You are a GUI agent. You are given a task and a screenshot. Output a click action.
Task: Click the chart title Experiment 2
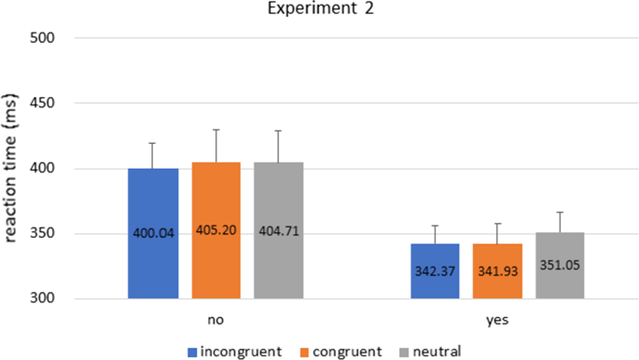320,11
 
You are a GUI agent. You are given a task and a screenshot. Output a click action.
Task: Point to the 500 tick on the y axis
44,38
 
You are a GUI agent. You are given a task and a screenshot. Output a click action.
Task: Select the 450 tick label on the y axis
44,104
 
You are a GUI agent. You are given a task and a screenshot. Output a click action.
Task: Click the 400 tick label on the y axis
44,169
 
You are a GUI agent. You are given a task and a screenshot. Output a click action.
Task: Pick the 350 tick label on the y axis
44,234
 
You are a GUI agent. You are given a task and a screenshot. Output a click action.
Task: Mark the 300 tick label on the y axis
44,298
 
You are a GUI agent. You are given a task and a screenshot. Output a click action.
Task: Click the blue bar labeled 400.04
154,233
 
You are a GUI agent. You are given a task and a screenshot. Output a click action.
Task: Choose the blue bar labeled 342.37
436,271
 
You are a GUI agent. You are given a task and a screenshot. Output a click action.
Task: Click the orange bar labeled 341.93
497,271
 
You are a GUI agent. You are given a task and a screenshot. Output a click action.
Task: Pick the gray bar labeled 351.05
560,266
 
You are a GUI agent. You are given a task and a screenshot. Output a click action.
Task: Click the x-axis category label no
215,319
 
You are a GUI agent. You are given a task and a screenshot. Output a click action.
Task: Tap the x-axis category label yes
497,319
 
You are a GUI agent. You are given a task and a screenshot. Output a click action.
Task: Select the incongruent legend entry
234,351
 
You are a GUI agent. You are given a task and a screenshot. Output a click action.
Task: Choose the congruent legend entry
341,351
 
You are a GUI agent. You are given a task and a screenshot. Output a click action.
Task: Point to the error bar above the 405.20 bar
216,145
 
